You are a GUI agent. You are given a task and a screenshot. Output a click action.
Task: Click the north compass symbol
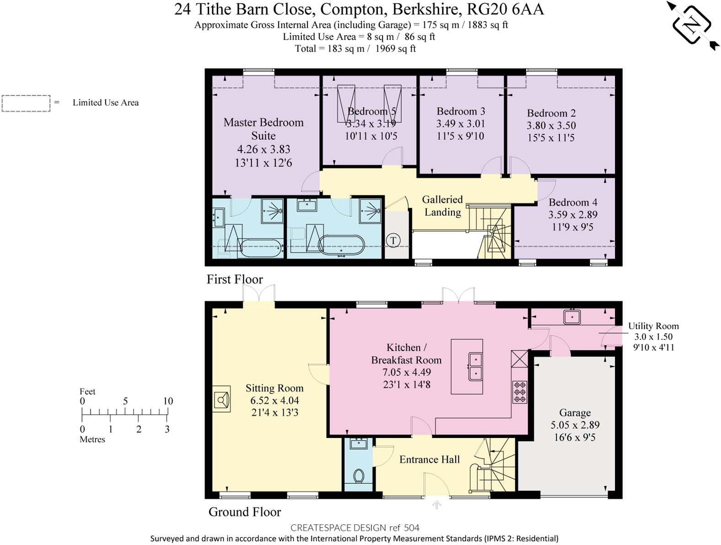692,25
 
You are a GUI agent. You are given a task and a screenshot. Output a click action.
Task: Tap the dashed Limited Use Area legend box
26,103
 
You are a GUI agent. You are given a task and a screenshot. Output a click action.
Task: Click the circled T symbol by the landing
393,240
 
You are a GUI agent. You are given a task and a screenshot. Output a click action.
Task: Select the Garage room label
575,412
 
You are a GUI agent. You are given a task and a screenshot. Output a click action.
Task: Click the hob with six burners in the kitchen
520,392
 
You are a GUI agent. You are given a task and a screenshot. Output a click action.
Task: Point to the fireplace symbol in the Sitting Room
221,400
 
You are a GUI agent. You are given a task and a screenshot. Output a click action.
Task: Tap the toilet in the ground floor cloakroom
359,476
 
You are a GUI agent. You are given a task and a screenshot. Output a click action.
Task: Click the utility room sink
572,316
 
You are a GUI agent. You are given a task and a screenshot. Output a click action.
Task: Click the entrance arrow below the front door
437,505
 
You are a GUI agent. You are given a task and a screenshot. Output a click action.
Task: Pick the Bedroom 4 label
573,202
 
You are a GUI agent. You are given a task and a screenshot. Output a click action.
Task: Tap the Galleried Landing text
442,206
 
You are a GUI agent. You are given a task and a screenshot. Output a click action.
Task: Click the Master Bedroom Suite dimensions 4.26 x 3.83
264,149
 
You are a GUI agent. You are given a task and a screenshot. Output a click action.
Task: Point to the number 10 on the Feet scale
168,401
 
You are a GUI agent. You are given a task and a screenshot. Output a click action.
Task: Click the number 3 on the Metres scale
167,429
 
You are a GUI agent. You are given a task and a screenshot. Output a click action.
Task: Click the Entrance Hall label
429,460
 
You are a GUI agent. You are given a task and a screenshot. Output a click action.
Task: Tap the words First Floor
235,279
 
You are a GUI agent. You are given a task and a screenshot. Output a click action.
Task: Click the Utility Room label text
653,326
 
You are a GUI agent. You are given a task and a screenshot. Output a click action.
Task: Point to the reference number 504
412,528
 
